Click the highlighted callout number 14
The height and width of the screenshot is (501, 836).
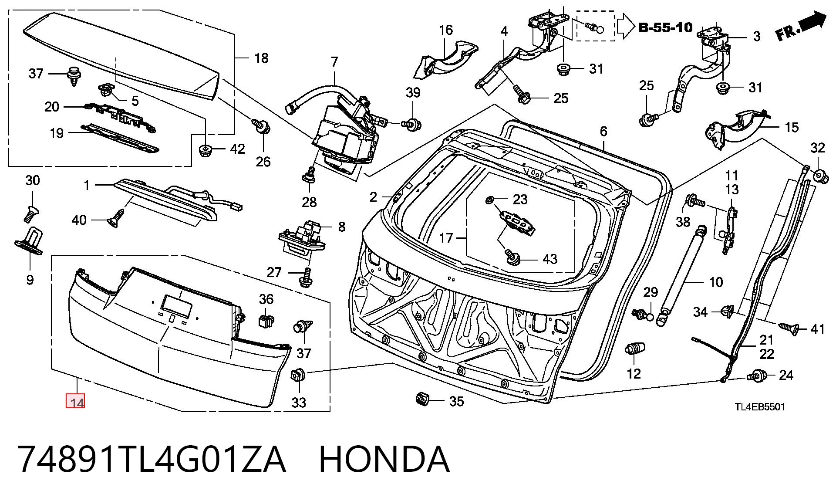coord(75,401)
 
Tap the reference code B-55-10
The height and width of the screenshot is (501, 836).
coord(665,27)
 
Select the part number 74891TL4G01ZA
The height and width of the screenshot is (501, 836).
coord(152,459)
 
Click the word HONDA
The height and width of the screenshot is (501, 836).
coord(384,459)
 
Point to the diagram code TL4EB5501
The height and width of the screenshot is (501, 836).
coord(760,407)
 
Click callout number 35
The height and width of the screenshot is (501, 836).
coord(456,401)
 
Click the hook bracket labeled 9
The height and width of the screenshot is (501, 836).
coord(29,241)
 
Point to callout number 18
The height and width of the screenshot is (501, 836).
coord(261,58)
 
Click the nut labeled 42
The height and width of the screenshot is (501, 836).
coord(206,150)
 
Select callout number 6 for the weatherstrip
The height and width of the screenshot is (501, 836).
coord(603,131)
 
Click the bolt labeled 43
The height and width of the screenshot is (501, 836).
coord(512,257)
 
